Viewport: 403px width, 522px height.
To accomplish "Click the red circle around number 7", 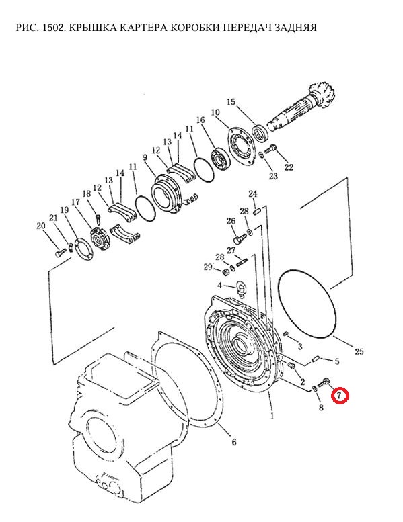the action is tap(340, 396).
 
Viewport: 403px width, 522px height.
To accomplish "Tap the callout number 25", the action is tap(359, 351).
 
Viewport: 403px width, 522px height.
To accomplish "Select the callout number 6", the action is tap(234, 442).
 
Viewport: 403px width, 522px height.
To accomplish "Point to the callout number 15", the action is tap(231, 102).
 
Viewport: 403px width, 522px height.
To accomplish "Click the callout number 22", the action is tap(289, 167).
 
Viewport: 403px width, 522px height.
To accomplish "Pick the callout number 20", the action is tap(40, 226).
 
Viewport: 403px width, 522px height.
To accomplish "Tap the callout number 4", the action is tap(219, 286).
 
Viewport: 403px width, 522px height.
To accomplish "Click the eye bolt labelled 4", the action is tap(240, 287).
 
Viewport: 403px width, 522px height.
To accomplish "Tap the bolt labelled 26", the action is tap(240, 238).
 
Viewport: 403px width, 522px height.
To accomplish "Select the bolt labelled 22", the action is tap(271, 149).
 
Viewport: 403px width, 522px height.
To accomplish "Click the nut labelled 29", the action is tap(225, 271).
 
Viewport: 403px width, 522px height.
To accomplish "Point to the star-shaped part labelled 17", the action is tap(100, 238).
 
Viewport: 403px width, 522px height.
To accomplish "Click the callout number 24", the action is tap(253, 194).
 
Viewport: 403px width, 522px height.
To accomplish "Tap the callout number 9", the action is tap(145, 157).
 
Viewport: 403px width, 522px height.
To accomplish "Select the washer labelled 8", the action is tap(314, 388).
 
